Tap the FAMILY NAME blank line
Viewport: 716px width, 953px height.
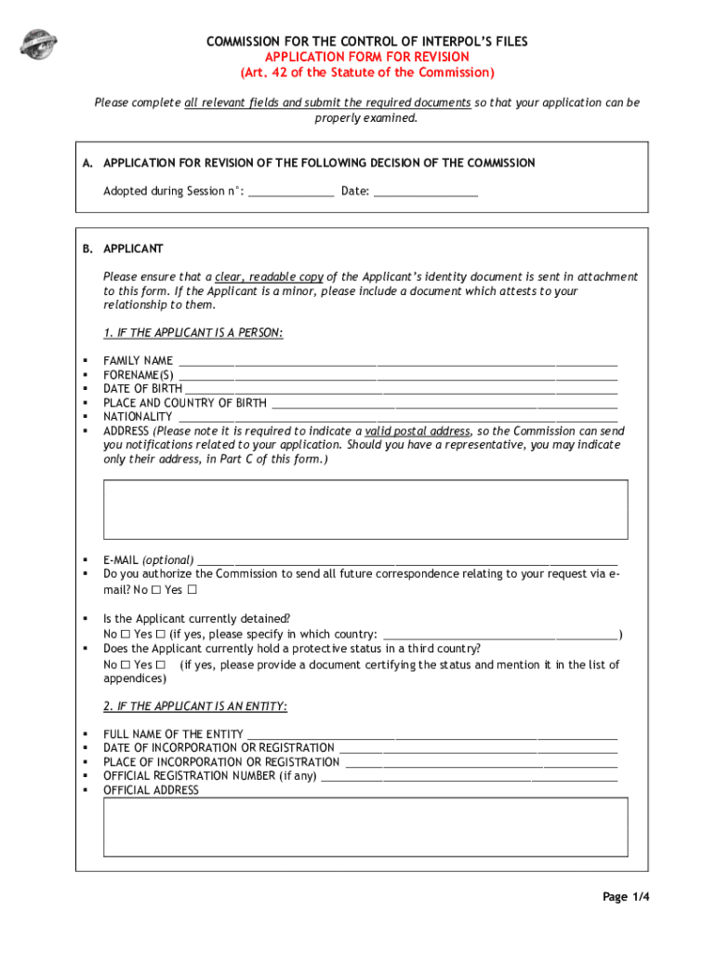click(x=397, y=361)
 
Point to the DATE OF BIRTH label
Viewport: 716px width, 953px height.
click(x=142, y=389)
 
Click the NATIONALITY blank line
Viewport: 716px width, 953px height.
click(x=397, y=417)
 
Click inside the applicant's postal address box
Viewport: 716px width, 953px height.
click(x=365, y=509)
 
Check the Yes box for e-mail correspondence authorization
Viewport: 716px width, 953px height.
click(x=192, y=590)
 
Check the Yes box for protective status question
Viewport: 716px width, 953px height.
click(x=160, y=665)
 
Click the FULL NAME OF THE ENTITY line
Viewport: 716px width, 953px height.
click(x=431, y=734)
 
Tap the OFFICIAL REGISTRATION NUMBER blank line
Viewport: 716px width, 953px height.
click(x=469, y=776)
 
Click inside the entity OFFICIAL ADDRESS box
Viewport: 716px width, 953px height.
click(x=365, y=826)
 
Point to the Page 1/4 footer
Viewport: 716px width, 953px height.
click(x=626, y=897)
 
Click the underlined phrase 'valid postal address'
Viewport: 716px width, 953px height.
click(x=417, y=432)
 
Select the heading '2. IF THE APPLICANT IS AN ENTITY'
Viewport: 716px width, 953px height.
click(x=195, y=707)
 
